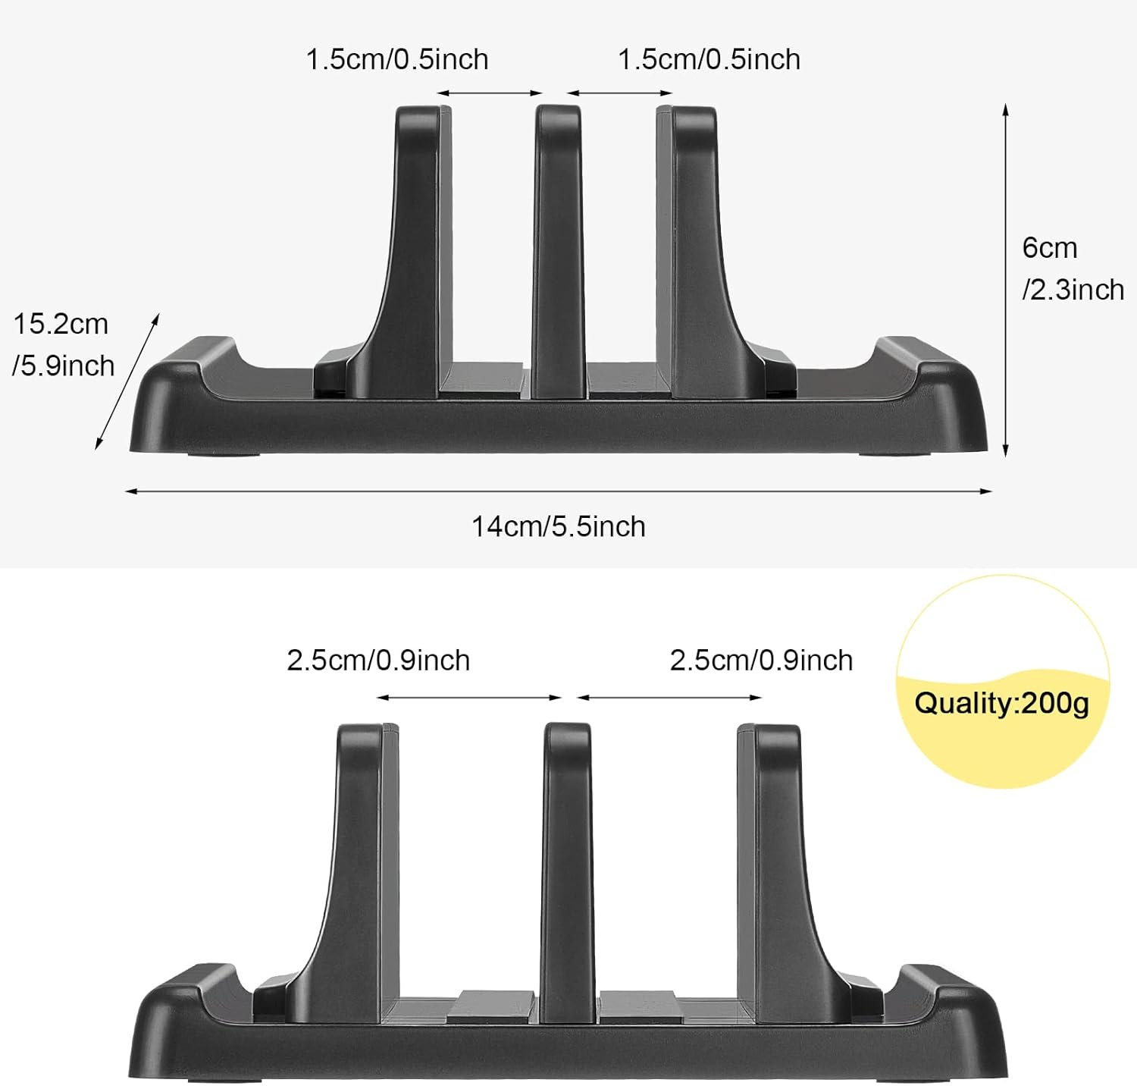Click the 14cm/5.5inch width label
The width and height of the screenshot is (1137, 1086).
(559, 526)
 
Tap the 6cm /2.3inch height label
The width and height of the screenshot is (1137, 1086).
(1072, 268)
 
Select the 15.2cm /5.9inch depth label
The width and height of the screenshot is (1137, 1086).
(62, 345)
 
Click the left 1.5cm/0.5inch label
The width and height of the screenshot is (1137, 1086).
(397, 59)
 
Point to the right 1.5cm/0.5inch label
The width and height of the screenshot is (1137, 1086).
(709, 59)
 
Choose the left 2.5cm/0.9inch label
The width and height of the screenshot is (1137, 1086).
(378, 661)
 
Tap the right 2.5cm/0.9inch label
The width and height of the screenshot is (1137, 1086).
(761, 661)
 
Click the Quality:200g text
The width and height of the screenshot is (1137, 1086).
(1001, 703)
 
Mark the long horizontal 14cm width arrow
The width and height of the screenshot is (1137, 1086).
(559, 491)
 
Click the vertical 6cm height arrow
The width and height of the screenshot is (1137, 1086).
(1006, 281)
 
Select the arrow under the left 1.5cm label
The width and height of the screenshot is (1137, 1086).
(490, 93)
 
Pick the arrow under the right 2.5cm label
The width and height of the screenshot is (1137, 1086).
(669, 698)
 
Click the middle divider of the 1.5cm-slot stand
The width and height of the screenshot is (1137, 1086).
(559, 250)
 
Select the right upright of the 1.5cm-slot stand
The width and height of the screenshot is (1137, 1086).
(697, 243)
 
